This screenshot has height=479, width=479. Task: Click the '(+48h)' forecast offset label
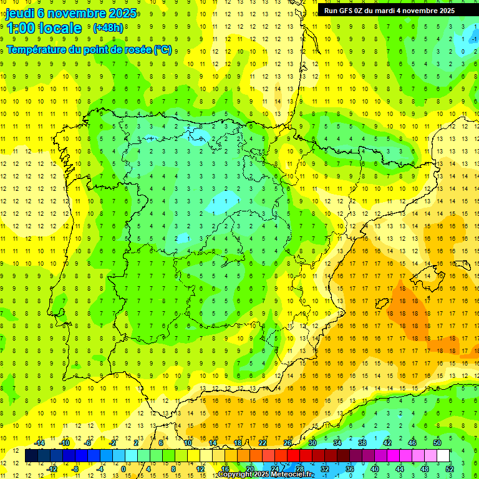[108, 28]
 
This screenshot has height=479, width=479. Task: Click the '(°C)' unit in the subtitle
[162, 49]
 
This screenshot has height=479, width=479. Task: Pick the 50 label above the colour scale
[437, 443]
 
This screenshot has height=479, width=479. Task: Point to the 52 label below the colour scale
[450, 469]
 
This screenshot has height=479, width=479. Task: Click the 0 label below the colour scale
[123, 469]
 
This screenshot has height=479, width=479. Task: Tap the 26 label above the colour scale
[288, 443]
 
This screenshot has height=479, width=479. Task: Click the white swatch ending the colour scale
[443, 456]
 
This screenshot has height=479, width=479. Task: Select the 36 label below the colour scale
[350, 469]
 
